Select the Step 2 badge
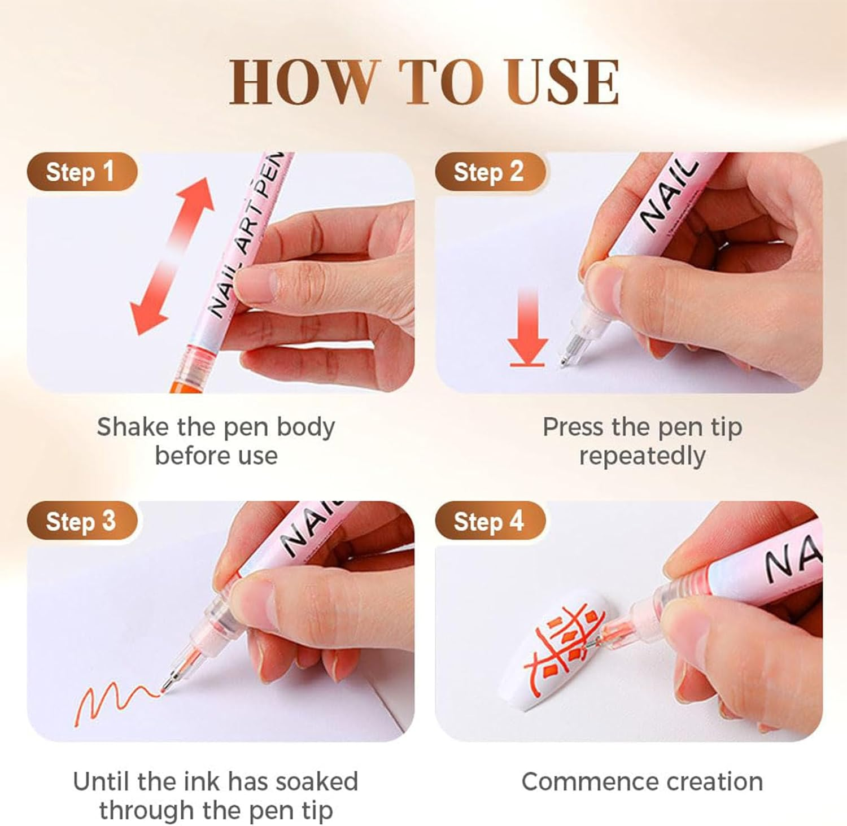click(x=490, y=172)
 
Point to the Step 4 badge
click(x=490, y=521)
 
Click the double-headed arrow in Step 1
click(x=171, y=256)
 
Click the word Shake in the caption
click(x=131, y=427)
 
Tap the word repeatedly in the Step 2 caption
click(x=642, y=456)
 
